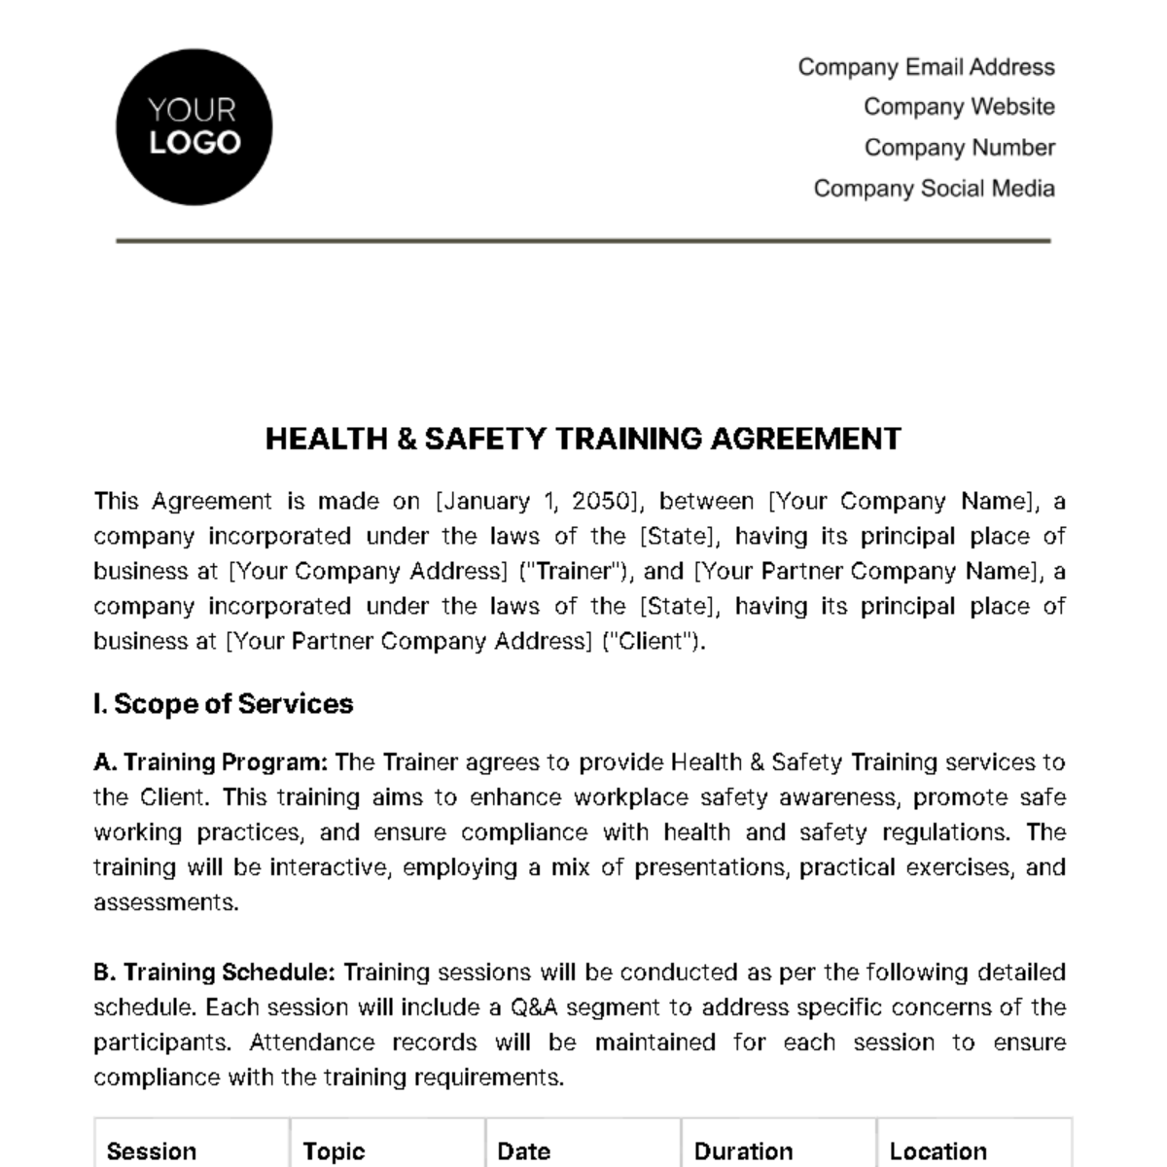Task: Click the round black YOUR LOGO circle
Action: pyautogui.click(x=194, y=127)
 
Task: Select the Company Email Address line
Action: pyautogui.click(x=926, y=67)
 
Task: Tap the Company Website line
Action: pyautogui.click(x=959, y=107)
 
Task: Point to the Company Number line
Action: pyautogui.click(x=959, y=148)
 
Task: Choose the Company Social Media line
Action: pyautogui.click(x=934, y=189)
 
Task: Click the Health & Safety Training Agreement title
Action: pyautogui.click(x=583, y=439)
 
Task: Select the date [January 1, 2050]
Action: pyautogui.click(x=539, y=502)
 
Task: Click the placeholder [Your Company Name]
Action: pyautogui.click(x=900, y=502)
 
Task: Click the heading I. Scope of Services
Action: pyautogui.click(x=224, y=704)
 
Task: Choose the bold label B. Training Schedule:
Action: pyautogui.click(x=215, y=972)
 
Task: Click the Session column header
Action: pyautogui.click(x=152, y=1151)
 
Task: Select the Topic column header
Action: pyautogui.click(x=334, y=1151)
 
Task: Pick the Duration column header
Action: pyautogui.click(x=743, y=1151)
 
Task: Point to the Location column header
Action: pyautogui.click(x=937, y=1151)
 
